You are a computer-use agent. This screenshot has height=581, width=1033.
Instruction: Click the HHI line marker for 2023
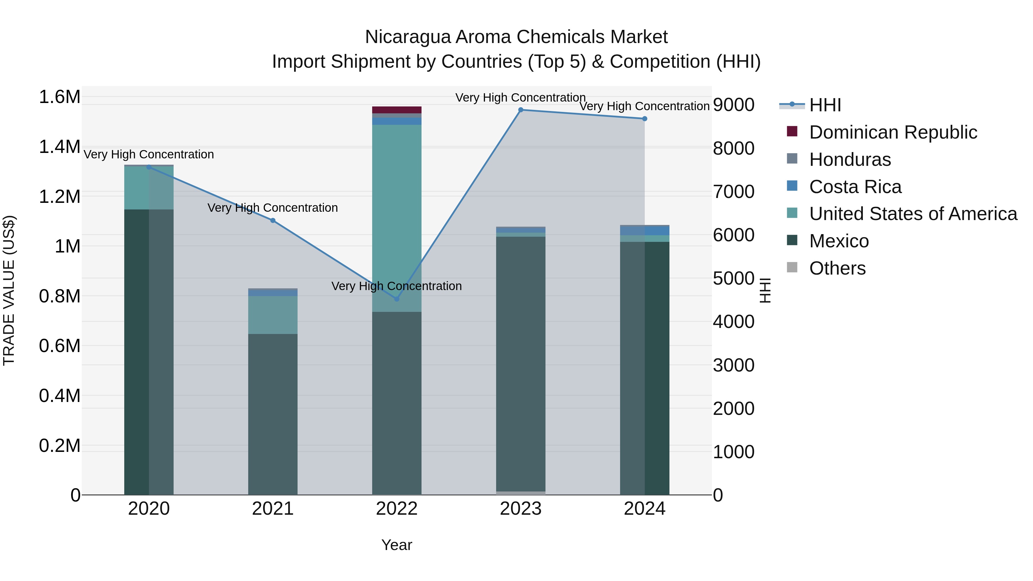pyautogui.click(x=521, y=110)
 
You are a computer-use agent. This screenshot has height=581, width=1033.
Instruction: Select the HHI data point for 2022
pyautogui.click(x=397, y=299)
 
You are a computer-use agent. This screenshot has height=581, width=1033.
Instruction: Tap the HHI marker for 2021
pyautogui.click(x=273, y=221)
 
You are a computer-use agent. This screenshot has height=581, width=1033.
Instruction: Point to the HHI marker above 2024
pyautogui.click(x=644, y=119)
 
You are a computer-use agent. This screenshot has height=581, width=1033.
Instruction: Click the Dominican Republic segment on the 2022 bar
pyautogui.click(x=397, y=110)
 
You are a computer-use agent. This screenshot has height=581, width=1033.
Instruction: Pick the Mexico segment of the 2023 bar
pyautogui.click(x=521, y=361)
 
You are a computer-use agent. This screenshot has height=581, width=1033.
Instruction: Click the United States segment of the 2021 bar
pyautogui.click(x=273, y=315)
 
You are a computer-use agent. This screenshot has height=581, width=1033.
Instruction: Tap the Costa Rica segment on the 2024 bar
pyautogui.click(x=644, y=231)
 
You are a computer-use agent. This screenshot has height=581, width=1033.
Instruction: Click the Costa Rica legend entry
pyautogui.click(x=855, y=187)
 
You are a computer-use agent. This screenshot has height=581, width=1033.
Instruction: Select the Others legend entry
pyautogui.click(x=837, y=268)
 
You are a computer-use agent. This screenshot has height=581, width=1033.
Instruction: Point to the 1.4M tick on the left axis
pyautogui.click(x=59, y=147)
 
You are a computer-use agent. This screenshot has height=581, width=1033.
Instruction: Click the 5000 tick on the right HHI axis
pyautogui.click(x=733, y=278)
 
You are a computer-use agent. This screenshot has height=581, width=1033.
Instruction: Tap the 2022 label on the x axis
pyautogui.click(x=397, y=509)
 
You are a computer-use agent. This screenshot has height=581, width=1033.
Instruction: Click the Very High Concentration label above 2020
pyautogui.click(x=149, y=154)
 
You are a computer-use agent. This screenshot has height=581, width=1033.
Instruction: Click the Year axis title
pyautogui.click(x=397, y=545)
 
